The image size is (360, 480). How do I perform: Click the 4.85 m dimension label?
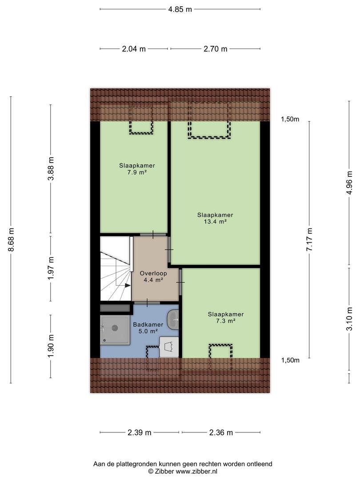click(x=180, y=9)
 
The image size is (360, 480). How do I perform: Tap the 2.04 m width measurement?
click(x=134, y=49)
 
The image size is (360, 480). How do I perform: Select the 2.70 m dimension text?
click(x=216, y=49)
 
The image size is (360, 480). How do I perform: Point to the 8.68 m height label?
click(x=11, y=240)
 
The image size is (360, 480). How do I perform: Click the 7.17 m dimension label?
click(x=309, y=240)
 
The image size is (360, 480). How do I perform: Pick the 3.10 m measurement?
click(x=349, y=319)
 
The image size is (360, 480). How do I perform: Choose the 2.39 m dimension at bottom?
click(x=139, y=432)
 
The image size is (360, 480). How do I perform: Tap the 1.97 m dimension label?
click(x=51, y=268)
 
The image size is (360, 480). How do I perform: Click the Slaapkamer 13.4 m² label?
click(x=215, y=218)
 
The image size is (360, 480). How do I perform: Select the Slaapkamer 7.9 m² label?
click(x=137, y=169)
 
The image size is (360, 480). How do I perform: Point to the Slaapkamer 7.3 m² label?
click(x=226, y=317)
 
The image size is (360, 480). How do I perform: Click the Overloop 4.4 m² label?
click(x=153, y=276)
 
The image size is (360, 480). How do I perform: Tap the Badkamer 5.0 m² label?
click(x=148, y=328)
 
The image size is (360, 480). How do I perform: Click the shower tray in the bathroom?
click(x=115, y=330)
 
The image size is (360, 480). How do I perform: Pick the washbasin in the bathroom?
click(x=173, y=320)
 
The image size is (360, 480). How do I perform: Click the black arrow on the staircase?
click(x=128, y=285)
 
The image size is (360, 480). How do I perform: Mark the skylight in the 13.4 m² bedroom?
click(x=209, y=120)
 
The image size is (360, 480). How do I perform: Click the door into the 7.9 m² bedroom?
click(x=153, y=235)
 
